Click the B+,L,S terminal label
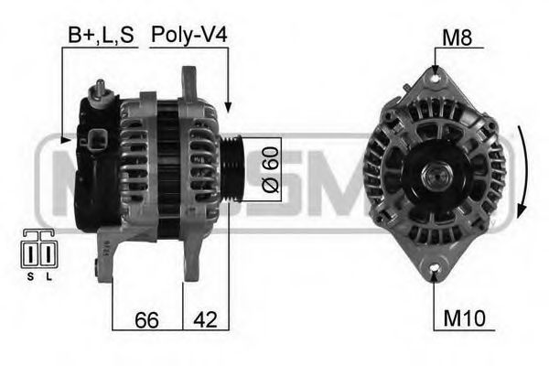(101, 36)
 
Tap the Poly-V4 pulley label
(189, 36)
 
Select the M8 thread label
(457, 38)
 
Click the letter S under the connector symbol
(30, 275)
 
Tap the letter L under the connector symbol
(48, 275)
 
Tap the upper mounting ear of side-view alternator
(190, 82)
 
